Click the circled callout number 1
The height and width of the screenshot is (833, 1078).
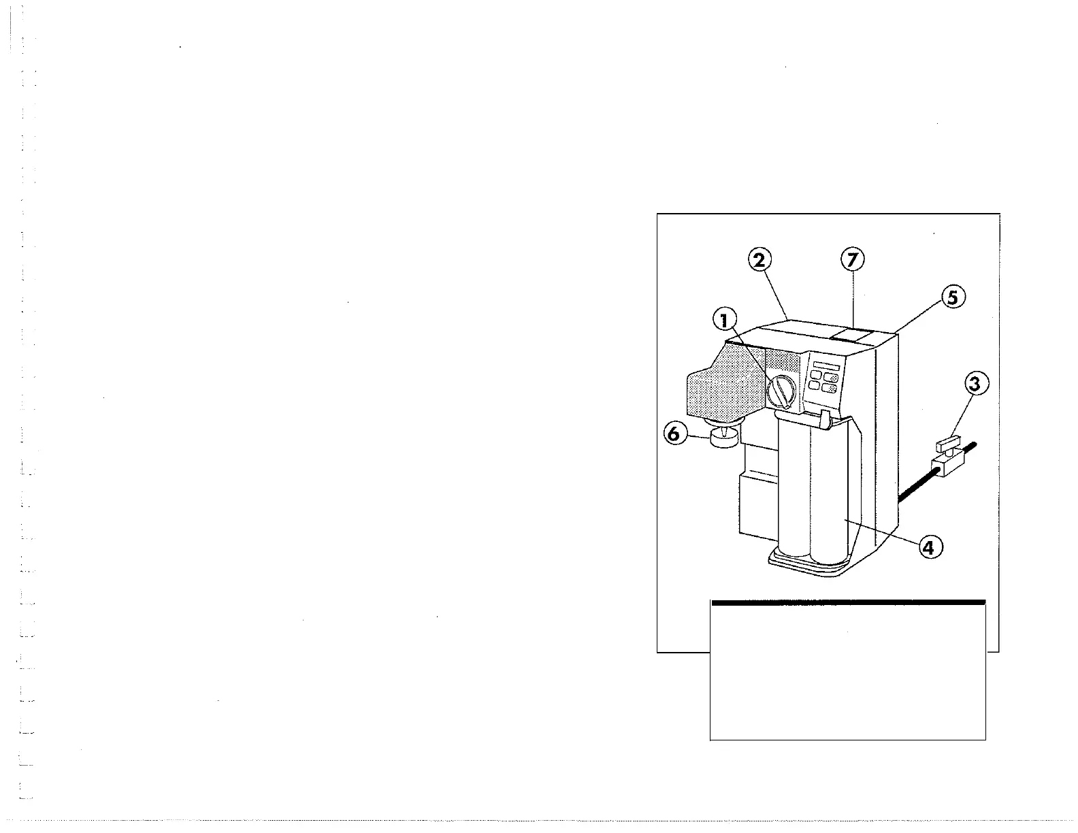pyautogui.click(x=725, y=319)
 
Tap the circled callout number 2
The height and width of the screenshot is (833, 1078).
pyautogui.click(x=760, y=260)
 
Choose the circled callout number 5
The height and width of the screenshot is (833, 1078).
pyautogui.click(x=953, y=298)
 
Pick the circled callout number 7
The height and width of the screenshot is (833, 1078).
pyautogui.click(x=852, y=259)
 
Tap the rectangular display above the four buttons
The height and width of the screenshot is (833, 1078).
pyautogui.click(x=825, y=366)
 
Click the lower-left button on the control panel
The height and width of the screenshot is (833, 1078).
pyautogui.click(x=815, y=387)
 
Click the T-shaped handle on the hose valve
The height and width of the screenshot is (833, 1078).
pyautogui.click(x=947, y=446)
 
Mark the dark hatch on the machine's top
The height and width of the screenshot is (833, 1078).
pyautogui.click(x=851, y=333)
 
